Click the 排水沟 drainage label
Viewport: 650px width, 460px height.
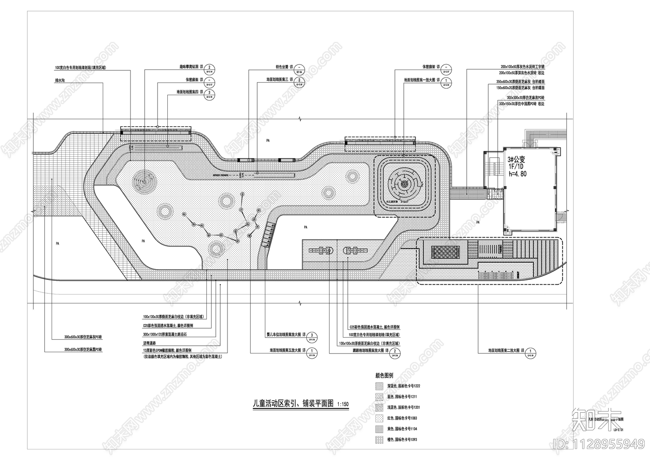pyautogui.click(x=60, y=80)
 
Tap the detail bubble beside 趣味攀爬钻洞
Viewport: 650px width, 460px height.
pyautogui.click(x=209, y=68)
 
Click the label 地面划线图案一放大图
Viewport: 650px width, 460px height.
pyautogui.click(x=419, y=80)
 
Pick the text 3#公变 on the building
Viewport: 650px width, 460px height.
pyautogui.click(x=516, y=160)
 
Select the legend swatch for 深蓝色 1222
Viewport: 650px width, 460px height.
pyautogui.click(x=379, y=386)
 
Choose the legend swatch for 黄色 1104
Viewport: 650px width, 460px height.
pyautogui.click(x=379, y=429)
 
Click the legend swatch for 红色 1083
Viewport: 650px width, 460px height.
pyautogui.click(x=379, y=418)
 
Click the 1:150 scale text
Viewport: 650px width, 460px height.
pyautogui.click(x=342, y=404)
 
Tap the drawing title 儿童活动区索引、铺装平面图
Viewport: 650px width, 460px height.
pyautogui.click(x=293, y=403)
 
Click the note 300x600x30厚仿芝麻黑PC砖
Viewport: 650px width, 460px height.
pyautogui.click(x=83, y=350)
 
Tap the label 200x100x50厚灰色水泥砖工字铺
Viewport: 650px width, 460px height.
pyautogui.click(x=522, y=66)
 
